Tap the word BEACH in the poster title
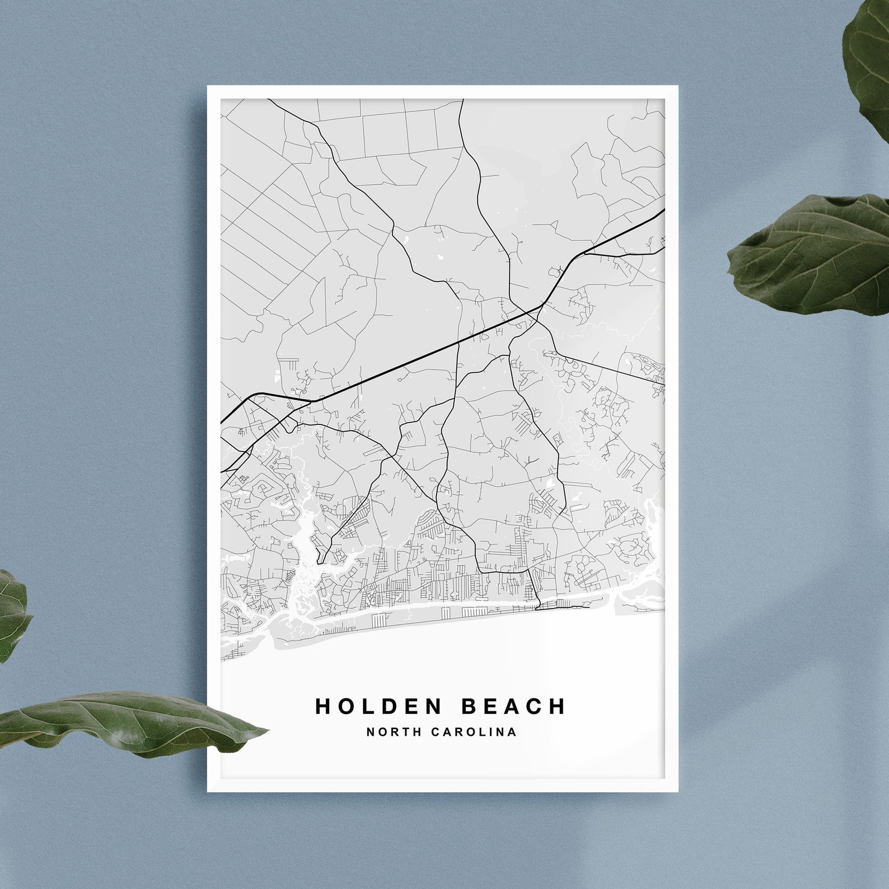point(513,706)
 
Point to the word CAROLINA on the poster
point(474,732)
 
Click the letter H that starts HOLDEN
point(323,706)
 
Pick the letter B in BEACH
point(469,706)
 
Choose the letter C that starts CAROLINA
point(435,732)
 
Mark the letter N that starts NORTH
point(370,732)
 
